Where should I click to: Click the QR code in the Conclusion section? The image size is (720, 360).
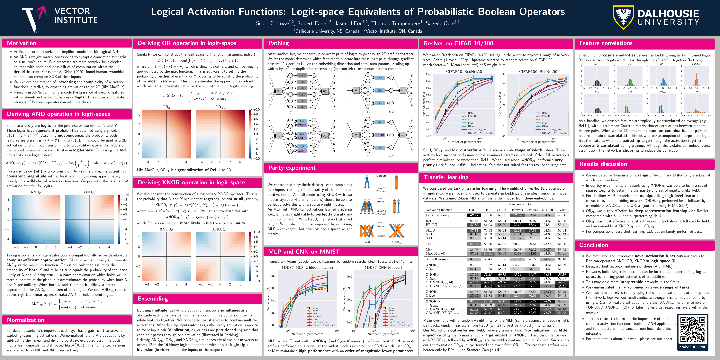pyautogui.click(x=693, y=329)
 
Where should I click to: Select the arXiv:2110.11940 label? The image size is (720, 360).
pyautogui.click(x=693, y=347)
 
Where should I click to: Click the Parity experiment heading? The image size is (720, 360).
pyautogui.click(x=292, y=168)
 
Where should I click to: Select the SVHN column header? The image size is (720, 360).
pyautogui.click(x=562, y=210)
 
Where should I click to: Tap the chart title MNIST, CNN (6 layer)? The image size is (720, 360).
pyautogui.click(x=383, y=267)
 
